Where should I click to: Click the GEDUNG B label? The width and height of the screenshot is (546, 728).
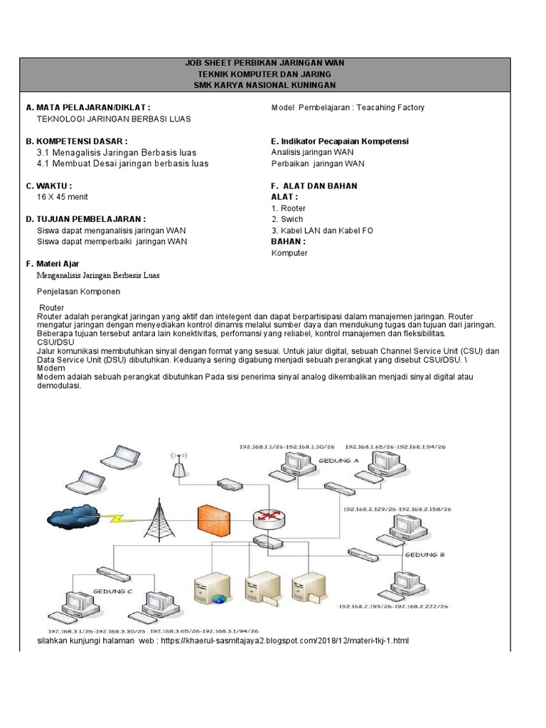point(424,554)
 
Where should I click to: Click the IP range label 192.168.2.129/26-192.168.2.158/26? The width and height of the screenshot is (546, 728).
point(397,510)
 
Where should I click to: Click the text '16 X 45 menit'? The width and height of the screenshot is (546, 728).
point(63,197)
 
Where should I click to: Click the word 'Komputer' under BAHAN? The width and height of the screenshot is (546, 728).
point(289,253)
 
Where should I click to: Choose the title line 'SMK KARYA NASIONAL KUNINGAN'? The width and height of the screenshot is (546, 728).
point(264,85)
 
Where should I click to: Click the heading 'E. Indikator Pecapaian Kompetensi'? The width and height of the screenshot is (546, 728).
point(340,141)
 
